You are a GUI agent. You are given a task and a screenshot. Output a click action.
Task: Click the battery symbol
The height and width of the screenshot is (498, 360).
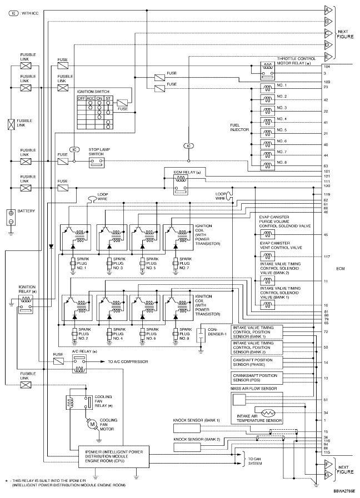[x=9, y=217]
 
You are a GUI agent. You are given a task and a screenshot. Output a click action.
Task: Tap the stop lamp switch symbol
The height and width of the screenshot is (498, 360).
[x=97, y=162]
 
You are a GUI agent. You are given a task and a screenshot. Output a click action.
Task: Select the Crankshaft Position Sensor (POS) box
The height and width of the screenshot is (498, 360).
[x=257, y=378]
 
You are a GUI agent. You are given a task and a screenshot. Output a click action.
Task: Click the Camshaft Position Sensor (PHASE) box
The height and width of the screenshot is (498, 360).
[x=257, y=362]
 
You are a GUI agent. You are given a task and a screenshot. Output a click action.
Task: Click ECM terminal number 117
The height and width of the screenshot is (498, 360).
[x=326, y=256]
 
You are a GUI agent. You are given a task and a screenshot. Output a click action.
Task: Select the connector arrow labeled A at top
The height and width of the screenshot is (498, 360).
[x=328, y=10]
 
